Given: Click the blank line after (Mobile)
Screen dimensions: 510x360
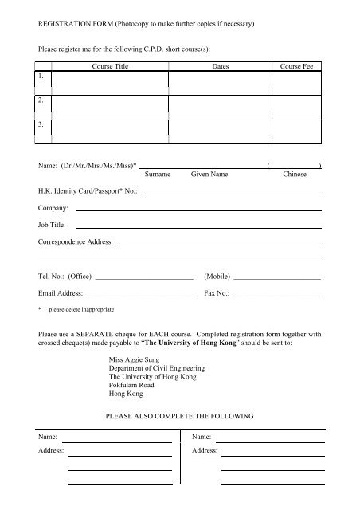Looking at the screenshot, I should pyautogui.click(x=277, y=278).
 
